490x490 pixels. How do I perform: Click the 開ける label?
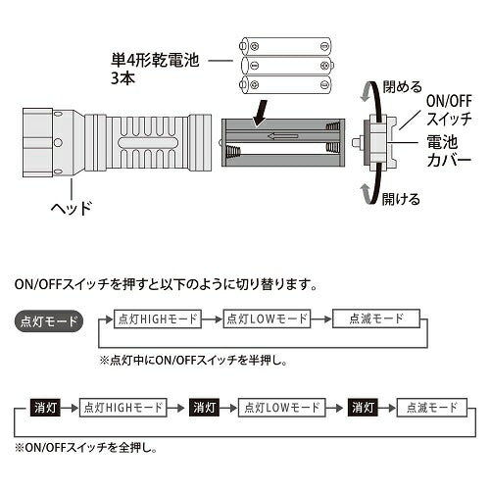coord(400,200)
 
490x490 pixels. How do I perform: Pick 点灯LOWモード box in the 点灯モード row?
coord(266,319)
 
